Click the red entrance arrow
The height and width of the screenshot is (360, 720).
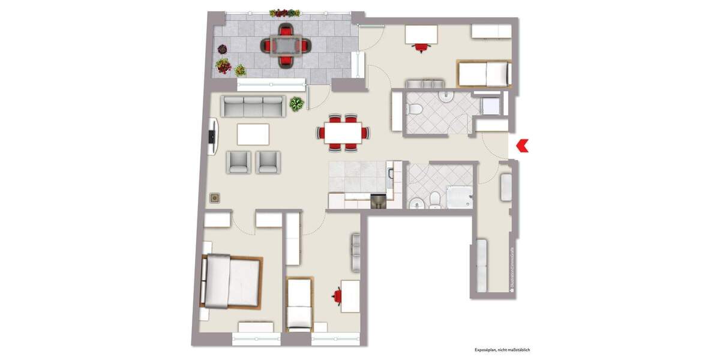521,145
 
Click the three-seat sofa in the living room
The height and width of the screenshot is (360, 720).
253,106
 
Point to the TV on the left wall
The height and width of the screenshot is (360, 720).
212,137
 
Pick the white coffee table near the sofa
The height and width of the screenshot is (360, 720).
253,134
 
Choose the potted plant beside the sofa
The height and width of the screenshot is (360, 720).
296,104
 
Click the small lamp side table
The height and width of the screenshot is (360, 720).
214,198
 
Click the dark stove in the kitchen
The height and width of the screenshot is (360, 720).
378,202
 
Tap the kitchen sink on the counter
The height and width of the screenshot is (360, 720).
391,174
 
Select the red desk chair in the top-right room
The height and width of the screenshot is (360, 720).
422,47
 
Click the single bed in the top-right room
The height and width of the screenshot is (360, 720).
484,74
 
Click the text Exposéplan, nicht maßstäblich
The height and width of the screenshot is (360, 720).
502,349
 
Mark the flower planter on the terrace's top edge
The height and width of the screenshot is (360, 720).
285,13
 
